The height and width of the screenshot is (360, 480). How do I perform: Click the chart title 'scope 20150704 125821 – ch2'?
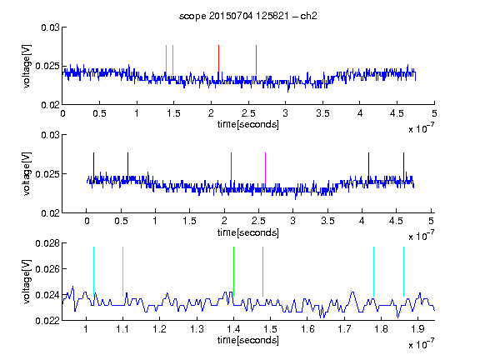tap(247, 16)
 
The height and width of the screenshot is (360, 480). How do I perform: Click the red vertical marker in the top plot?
tap(218, 60)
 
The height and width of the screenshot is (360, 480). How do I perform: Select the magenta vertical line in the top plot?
tap(256, 60)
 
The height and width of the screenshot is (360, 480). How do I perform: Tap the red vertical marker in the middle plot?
tap(231, 167)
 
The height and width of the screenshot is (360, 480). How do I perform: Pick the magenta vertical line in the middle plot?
tap(265, 168)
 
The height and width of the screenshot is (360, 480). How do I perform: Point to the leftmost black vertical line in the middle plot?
tap(93, 167)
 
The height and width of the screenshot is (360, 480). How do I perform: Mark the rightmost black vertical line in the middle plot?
tap(403, 167)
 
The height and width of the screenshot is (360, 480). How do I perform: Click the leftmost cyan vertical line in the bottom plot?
tap(93, 272)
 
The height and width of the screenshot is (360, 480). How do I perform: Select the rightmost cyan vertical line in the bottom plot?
tap(403, 272)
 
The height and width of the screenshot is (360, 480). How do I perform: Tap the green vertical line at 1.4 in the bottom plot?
tap(233, 272)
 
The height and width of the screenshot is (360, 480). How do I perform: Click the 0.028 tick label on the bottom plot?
tap(47, 243)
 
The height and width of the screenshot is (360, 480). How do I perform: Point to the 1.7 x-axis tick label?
tap(344, 329)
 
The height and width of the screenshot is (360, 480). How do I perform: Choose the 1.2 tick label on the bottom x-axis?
tap(160, 329)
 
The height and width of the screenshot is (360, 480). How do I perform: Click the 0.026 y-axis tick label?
tap(47, 269)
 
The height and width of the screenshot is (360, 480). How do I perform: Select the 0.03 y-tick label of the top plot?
tap(51, 27)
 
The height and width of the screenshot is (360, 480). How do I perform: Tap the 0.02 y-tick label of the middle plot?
tap(51, 213)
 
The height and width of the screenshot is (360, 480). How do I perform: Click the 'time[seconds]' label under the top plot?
tap(248, 124)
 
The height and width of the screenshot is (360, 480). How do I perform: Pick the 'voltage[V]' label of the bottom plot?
tap(27, 282)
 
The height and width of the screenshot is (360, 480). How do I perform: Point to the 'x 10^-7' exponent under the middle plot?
tap(421, 235)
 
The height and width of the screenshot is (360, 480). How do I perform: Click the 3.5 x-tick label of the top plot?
tap(322, 113)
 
